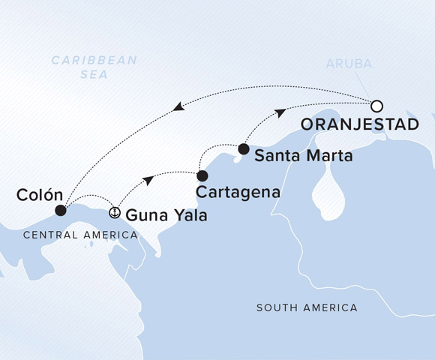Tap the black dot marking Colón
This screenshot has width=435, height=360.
[x=61, y=211]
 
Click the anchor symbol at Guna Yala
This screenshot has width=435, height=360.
[x=115, y=212]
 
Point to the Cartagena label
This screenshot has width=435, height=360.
[x=238, y=192]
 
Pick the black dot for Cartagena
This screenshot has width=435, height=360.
[x=202, y=175]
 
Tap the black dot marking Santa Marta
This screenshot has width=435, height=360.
[x=243, y=148]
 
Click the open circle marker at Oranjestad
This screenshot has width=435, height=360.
[x=377, y=106]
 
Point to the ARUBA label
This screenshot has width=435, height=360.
[x=348, y=64]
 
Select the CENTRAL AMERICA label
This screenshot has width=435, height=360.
[x=80, y=235]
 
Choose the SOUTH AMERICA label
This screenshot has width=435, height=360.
[x=307, y=308]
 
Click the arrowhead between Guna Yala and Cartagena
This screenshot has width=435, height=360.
[x=150, y=180]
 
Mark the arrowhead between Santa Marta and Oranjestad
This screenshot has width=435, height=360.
[x=279, y=112]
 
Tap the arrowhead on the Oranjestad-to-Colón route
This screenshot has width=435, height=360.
[x=178, y=108]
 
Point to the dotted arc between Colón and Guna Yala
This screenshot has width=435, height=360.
[x=90, y=197]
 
